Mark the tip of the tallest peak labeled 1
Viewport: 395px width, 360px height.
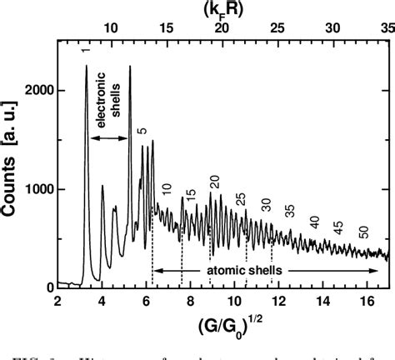[x=86, y=67]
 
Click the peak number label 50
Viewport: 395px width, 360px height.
[x=364, y=231]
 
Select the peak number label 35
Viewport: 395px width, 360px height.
[x=290, y=210]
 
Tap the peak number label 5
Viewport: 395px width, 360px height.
[x=142, y=132]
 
